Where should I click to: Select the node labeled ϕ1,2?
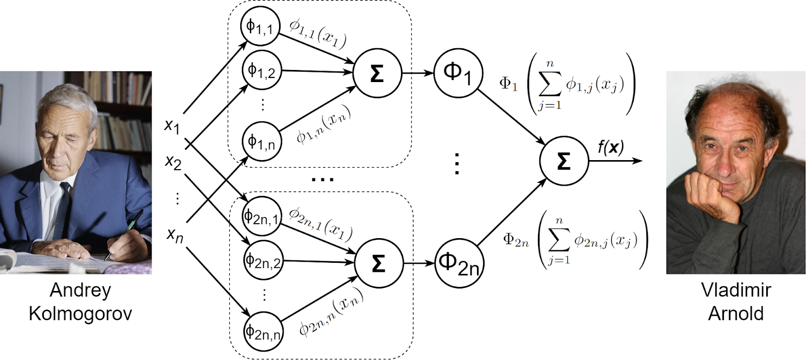(261, 70)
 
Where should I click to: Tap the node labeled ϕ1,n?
(261, 141)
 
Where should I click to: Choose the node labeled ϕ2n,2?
(263, 261)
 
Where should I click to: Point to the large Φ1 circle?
(458, 73)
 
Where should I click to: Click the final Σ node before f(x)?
(564, 161)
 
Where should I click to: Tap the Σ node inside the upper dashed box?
(377, 73)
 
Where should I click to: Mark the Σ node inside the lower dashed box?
(379, 263)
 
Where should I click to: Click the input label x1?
(172, 126)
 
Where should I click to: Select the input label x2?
(173, 162)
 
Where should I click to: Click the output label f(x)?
(611, 148)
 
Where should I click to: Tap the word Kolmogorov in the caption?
(80, 314)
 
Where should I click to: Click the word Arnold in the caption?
(735, 314)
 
